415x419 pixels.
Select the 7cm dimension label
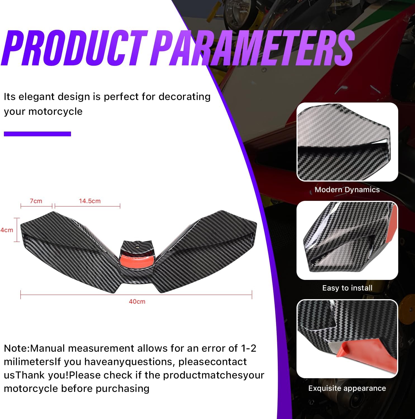[36, 201]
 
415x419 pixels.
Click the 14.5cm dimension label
[90, 201]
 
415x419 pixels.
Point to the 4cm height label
[7, 230]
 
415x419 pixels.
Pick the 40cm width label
[137, 302]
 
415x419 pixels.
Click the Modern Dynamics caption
[347, 190]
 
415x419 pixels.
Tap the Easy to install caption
[347, 288]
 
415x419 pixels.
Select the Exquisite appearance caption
[347, 388]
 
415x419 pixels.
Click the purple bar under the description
[37, 134]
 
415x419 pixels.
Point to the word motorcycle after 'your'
[55, 111]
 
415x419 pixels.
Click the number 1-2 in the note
[248, 348]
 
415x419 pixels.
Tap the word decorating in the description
[184, 97]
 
